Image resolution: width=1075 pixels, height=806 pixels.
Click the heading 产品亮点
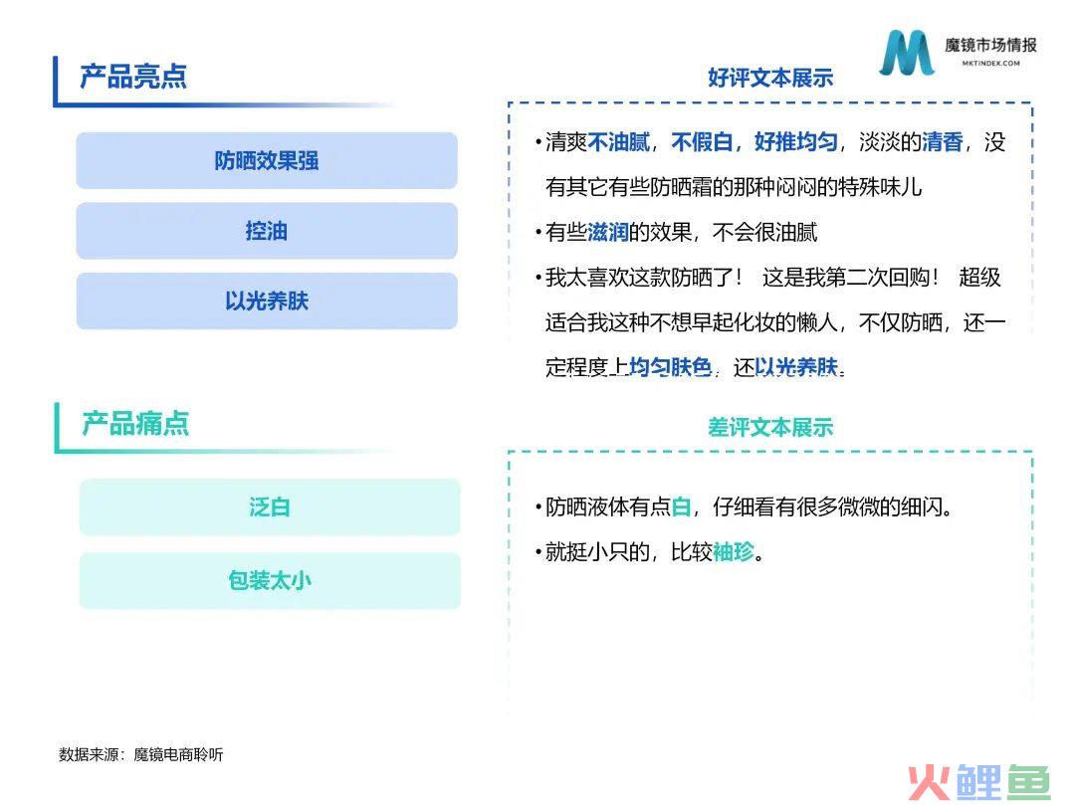(133, 76)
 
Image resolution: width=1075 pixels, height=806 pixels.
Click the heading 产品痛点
(135, 424)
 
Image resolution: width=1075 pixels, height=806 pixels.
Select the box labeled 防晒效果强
(267, 160)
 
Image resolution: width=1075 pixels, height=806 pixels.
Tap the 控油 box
(267, 231)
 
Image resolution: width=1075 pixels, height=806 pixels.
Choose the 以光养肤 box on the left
(267, 301)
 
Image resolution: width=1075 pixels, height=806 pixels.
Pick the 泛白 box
(270, 507)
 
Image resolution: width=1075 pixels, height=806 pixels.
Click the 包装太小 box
(270, 580)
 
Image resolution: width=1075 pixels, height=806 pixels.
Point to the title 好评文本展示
(770, 78)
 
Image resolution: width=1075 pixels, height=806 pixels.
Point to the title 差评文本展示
(770, 427)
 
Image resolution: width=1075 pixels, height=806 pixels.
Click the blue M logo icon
(907, 52)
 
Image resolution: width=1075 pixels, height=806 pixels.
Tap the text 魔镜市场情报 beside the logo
(990, 45)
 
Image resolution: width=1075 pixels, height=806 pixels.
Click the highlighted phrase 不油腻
(618, 142)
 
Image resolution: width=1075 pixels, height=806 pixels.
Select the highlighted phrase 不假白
(702, 142)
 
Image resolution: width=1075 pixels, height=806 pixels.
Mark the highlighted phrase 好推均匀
(796, 142)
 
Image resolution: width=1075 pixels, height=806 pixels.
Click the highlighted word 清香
(943, 142)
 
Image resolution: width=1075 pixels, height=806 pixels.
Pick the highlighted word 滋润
(608, 232)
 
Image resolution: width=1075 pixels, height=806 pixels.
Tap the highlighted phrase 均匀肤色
(671, 367)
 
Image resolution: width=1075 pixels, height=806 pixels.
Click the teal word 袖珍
(734, 551)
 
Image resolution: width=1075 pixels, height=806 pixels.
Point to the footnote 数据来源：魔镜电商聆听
(141, 754)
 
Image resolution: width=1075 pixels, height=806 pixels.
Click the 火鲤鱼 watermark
(979, 782)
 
